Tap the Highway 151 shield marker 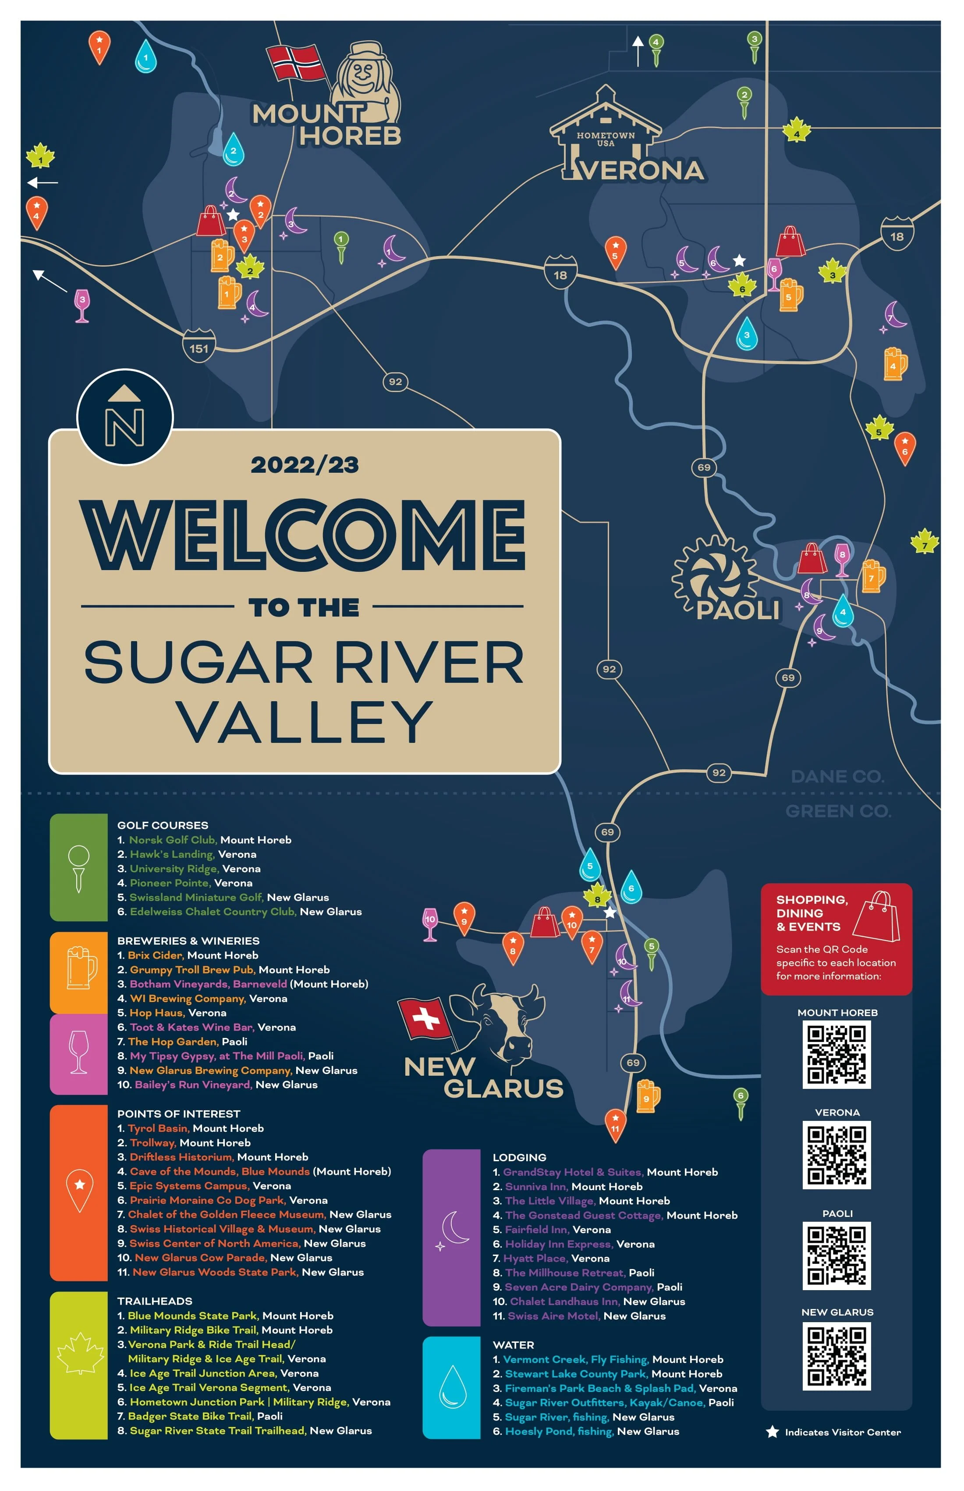(199, 348)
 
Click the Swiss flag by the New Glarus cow (425, 1018)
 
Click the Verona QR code (836, 1155)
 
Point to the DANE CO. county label (837, 776)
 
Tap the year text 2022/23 (305, 465)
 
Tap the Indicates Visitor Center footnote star (773, 1432)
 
